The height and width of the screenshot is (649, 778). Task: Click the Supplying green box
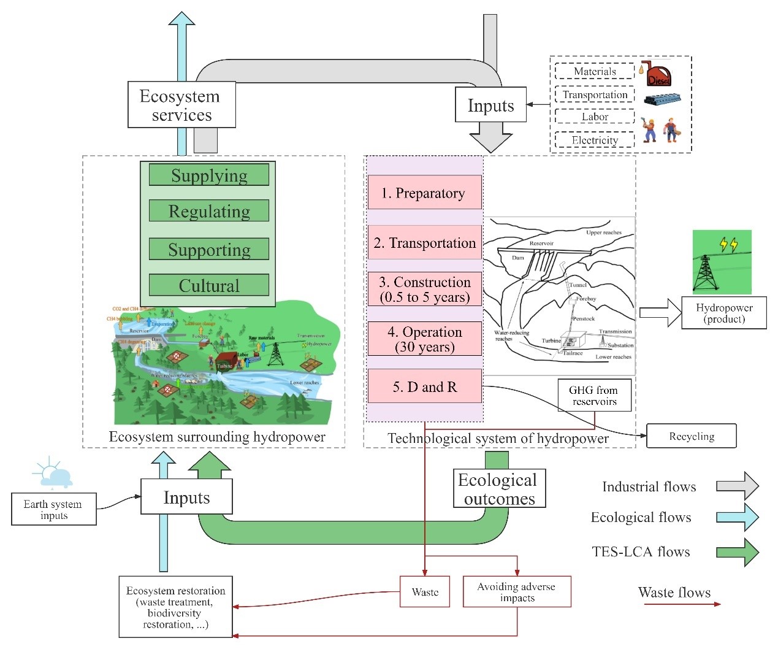208,175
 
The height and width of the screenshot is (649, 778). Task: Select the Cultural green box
208,285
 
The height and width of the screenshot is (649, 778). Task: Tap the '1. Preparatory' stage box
424,193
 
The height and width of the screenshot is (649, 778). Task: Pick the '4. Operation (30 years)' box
424,339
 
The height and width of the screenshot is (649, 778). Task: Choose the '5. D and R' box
424,386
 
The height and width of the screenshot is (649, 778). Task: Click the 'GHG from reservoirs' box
593,396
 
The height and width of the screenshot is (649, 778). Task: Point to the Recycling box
691,436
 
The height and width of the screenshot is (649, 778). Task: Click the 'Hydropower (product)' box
724,313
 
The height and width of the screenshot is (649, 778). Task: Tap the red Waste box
424,592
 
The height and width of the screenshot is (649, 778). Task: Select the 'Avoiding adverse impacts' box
516,592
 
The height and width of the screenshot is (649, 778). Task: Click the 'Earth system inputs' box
53,509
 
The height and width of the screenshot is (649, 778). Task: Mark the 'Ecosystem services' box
181,106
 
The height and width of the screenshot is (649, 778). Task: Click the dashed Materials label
594,71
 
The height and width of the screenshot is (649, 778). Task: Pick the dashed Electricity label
594,140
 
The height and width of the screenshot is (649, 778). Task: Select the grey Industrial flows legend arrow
738,486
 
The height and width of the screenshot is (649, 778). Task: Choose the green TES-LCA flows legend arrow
738,552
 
